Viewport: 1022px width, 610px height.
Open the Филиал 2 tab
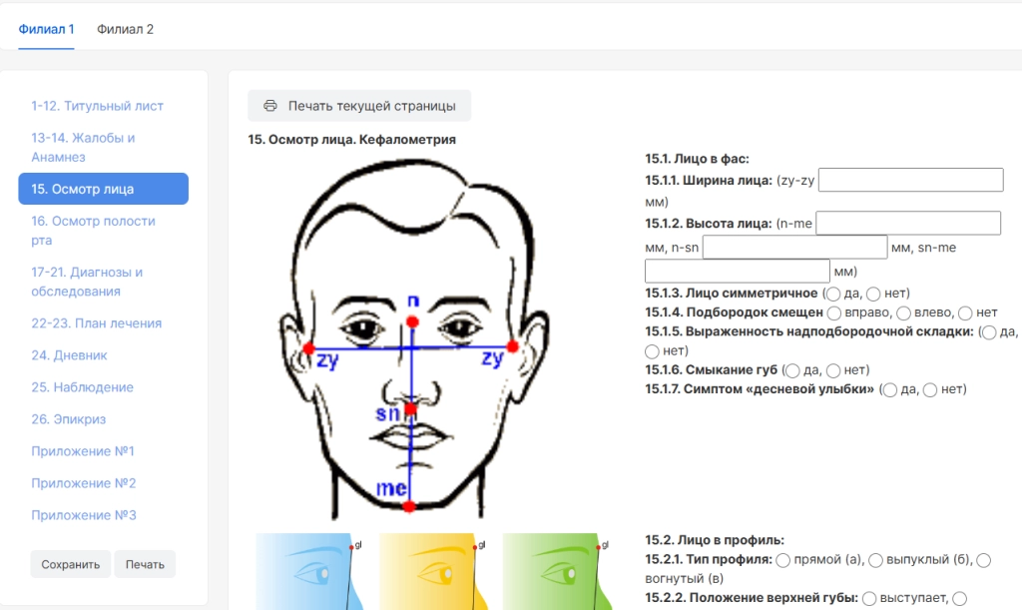pyautogui.click(x=125, y=29)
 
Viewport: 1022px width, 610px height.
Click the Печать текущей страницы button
pyautogui.click(x=359, y=106)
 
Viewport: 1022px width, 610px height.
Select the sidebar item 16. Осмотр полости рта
pyautogui.click(x=93, y=230)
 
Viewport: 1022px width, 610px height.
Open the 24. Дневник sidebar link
pyautogui.click(x=69, y=355)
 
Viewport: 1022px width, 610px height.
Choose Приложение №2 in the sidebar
pyautogui.click(x=84, y=483)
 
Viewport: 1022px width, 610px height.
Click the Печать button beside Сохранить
pyautogui.click(x=145, y=564)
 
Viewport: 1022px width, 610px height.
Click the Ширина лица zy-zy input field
pyautogui.click(x=910, y=180)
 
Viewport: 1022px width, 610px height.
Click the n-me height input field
pyautogui.click(x=908, y=223)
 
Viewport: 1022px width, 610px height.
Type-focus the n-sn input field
pyautogui.click(x=794, y=247)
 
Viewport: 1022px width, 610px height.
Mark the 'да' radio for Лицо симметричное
pyautogui.click(x=833, y=294)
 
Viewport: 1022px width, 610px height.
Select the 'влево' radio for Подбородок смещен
pyautogui.click(x=903, y=313)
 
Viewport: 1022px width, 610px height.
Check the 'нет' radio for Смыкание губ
pyautogui.click(x=833, y=370)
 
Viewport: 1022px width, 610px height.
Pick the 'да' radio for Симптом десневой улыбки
pyautogui.click(x=889, y=390)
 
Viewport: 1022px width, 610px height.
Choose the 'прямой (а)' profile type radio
pyautogui.click(x=783, y=560)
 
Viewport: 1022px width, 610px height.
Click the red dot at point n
pyautogui.click(x=412, y=321)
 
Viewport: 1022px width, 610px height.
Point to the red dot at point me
pyautogui.click(x=408, y=506)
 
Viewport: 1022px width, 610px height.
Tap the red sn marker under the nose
pyautogui.click(x=410, y=409)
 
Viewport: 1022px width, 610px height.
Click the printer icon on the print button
pyautogui.click(x=269, y=106)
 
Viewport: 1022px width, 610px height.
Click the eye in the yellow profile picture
pyautogui.click(x=437, y=573)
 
